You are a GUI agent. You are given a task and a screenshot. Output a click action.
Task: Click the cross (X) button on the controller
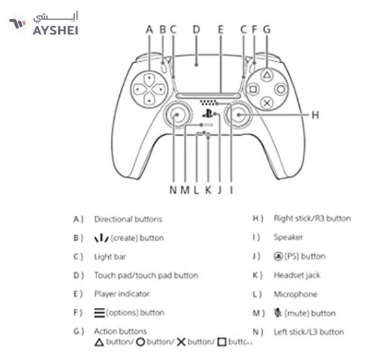coord(266,102)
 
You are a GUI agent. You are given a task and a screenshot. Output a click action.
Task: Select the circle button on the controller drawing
coord(280,89)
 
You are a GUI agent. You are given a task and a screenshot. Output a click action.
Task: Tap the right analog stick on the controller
coord(237,115)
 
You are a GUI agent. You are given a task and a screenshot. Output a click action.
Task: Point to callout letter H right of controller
coord(315,115)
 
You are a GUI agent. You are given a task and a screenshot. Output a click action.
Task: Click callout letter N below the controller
coord(173,190)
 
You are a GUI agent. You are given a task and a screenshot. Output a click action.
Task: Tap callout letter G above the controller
coord(266,29)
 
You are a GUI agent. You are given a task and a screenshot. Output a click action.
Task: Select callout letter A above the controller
coord(149,29)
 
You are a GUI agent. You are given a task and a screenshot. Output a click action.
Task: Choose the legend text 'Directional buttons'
coord(128,219)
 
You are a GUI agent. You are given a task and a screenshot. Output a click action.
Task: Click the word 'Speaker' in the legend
coord(288,237)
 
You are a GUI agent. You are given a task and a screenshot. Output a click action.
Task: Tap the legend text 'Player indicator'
coord(122,294)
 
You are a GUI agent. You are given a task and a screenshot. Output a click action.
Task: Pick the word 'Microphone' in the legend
coord(295,294)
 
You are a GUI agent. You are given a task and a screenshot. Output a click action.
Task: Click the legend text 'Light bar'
coord(110,257)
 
